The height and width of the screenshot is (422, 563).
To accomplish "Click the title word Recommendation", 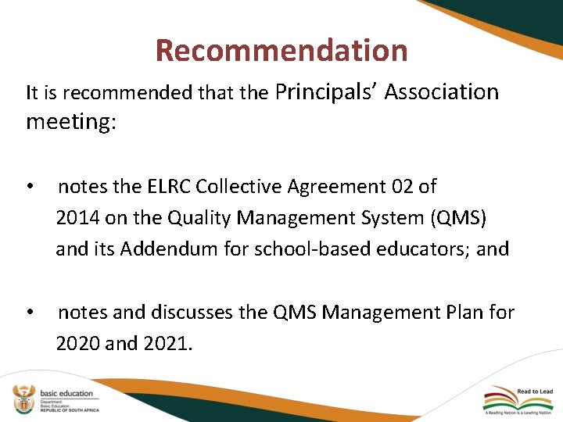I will (281, 51).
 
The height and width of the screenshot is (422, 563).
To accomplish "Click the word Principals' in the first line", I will (327, 92).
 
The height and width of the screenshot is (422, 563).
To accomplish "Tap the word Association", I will (442, 92).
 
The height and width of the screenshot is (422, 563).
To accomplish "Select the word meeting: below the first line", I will (70, 122).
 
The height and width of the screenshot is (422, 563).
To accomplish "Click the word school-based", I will (292, 249).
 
